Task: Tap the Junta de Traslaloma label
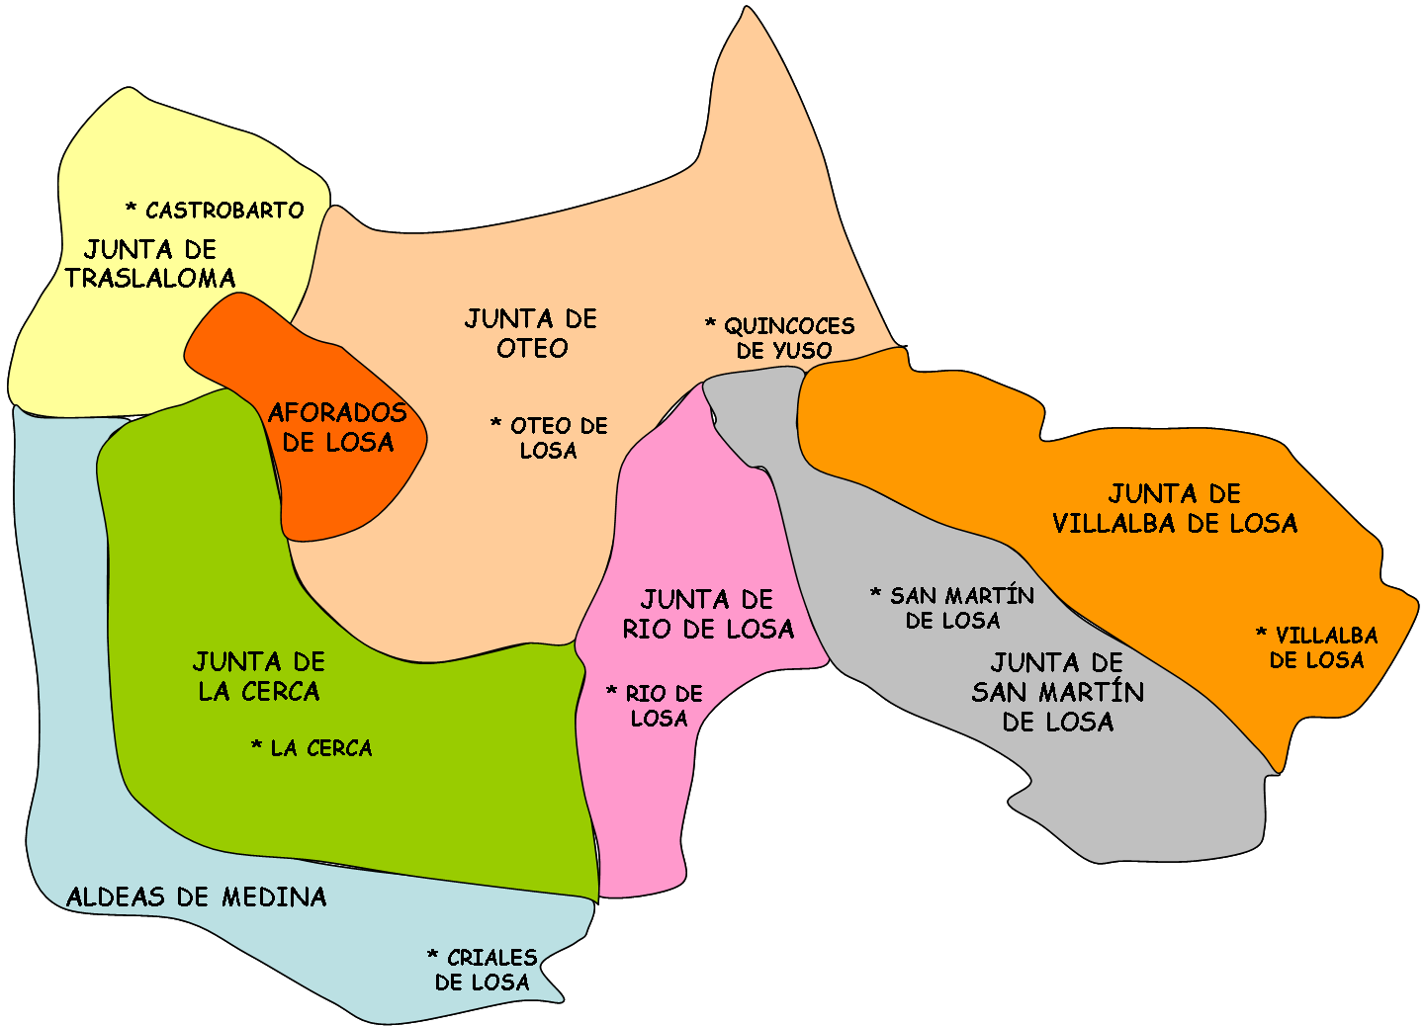[x=150, y=264]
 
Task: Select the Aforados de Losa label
[x=338, y=427]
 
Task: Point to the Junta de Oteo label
[x=532, y=333]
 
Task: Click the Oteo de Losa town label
[x=551, y=438]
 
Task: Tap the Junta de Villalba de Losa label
[x=1175, y=508]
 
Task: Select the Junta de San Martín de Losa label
[x=1058, y=692]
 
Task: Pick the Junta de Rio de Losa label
[x=708, y=614]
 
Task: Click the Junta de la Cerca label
[x=259, y=676]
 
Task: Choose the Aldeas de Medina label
[x=197, y=897]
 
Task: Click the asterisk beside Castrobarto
[x=131, y=208]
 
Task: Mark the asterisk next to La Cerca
[x=256, y=745]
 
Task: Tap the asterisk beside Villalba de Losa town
[x=1261, y=633]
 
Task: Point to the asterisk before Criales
[x=432, y=955]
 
